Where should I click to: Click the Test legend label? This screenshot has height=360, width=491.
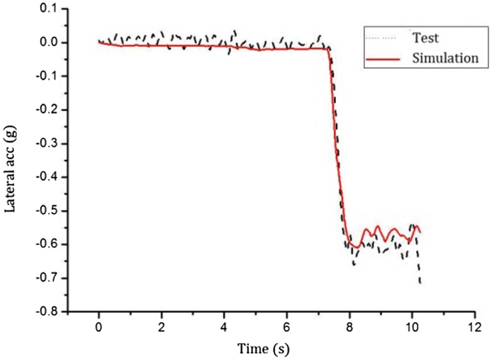pyautogui.click(x=426, y=36)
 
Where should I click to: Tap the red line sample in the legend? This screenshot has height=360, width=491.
pyautogui.click(x=382, y=59)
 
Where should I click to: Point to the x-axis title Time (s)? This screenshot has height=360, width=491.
pyautogui.click(x=264, y=347)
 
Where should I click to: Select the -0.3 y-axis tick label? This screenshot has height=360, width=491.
pyautogui.click(x=46, y=143)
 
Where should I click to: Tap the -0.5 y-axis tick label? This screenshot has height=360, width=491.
pyautogui.click(x=46, y=211)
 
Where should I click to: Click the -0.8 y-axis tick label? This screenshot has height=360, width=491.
pyautogui.click(x=46, y=312)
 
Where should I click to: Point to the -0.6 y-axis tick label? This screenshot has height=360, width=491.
pyautogui.click(x=46, y=244)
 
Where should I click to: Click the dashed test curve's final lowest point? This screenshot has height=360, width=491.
pyautogui.click(x=420, y=283)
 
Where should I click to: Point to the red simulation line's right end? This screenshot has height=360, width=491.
pyautogui.click(x=420, y=232)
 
